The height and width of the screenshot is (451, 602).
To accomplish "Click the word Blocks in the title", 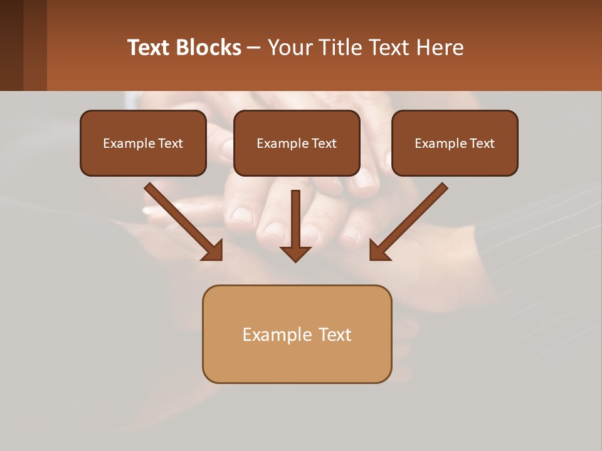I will [x=209, y=48].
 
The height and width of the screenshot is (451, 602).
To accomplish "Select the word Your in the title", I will [x=290, y=48].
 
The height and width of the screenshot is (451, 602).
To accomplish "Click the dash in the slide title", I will [x=254, y=48].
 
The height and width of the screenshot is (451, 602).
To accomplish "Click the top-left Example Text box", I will [x=143, y=143].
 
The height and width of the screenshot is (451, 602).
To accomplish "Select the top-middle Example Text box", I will [x=297, y=143].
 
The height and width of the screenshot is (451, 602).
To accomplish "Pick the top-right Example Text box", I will [x=455, y=143].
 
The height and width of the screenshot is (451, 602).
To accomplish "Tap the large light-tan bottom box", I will [x=297, y=334].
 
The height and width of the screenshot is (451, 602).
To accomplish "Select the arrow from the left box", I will [x=182, y=219].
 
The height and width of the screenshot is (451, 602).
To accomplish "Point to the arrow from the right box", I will [x=411, y=219].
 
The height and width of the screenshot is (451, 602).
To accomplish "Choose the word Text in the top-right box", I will [x=482, y=143].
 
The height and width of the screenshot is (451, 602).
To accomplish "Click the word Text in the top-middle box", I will [x=324, y=143].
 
